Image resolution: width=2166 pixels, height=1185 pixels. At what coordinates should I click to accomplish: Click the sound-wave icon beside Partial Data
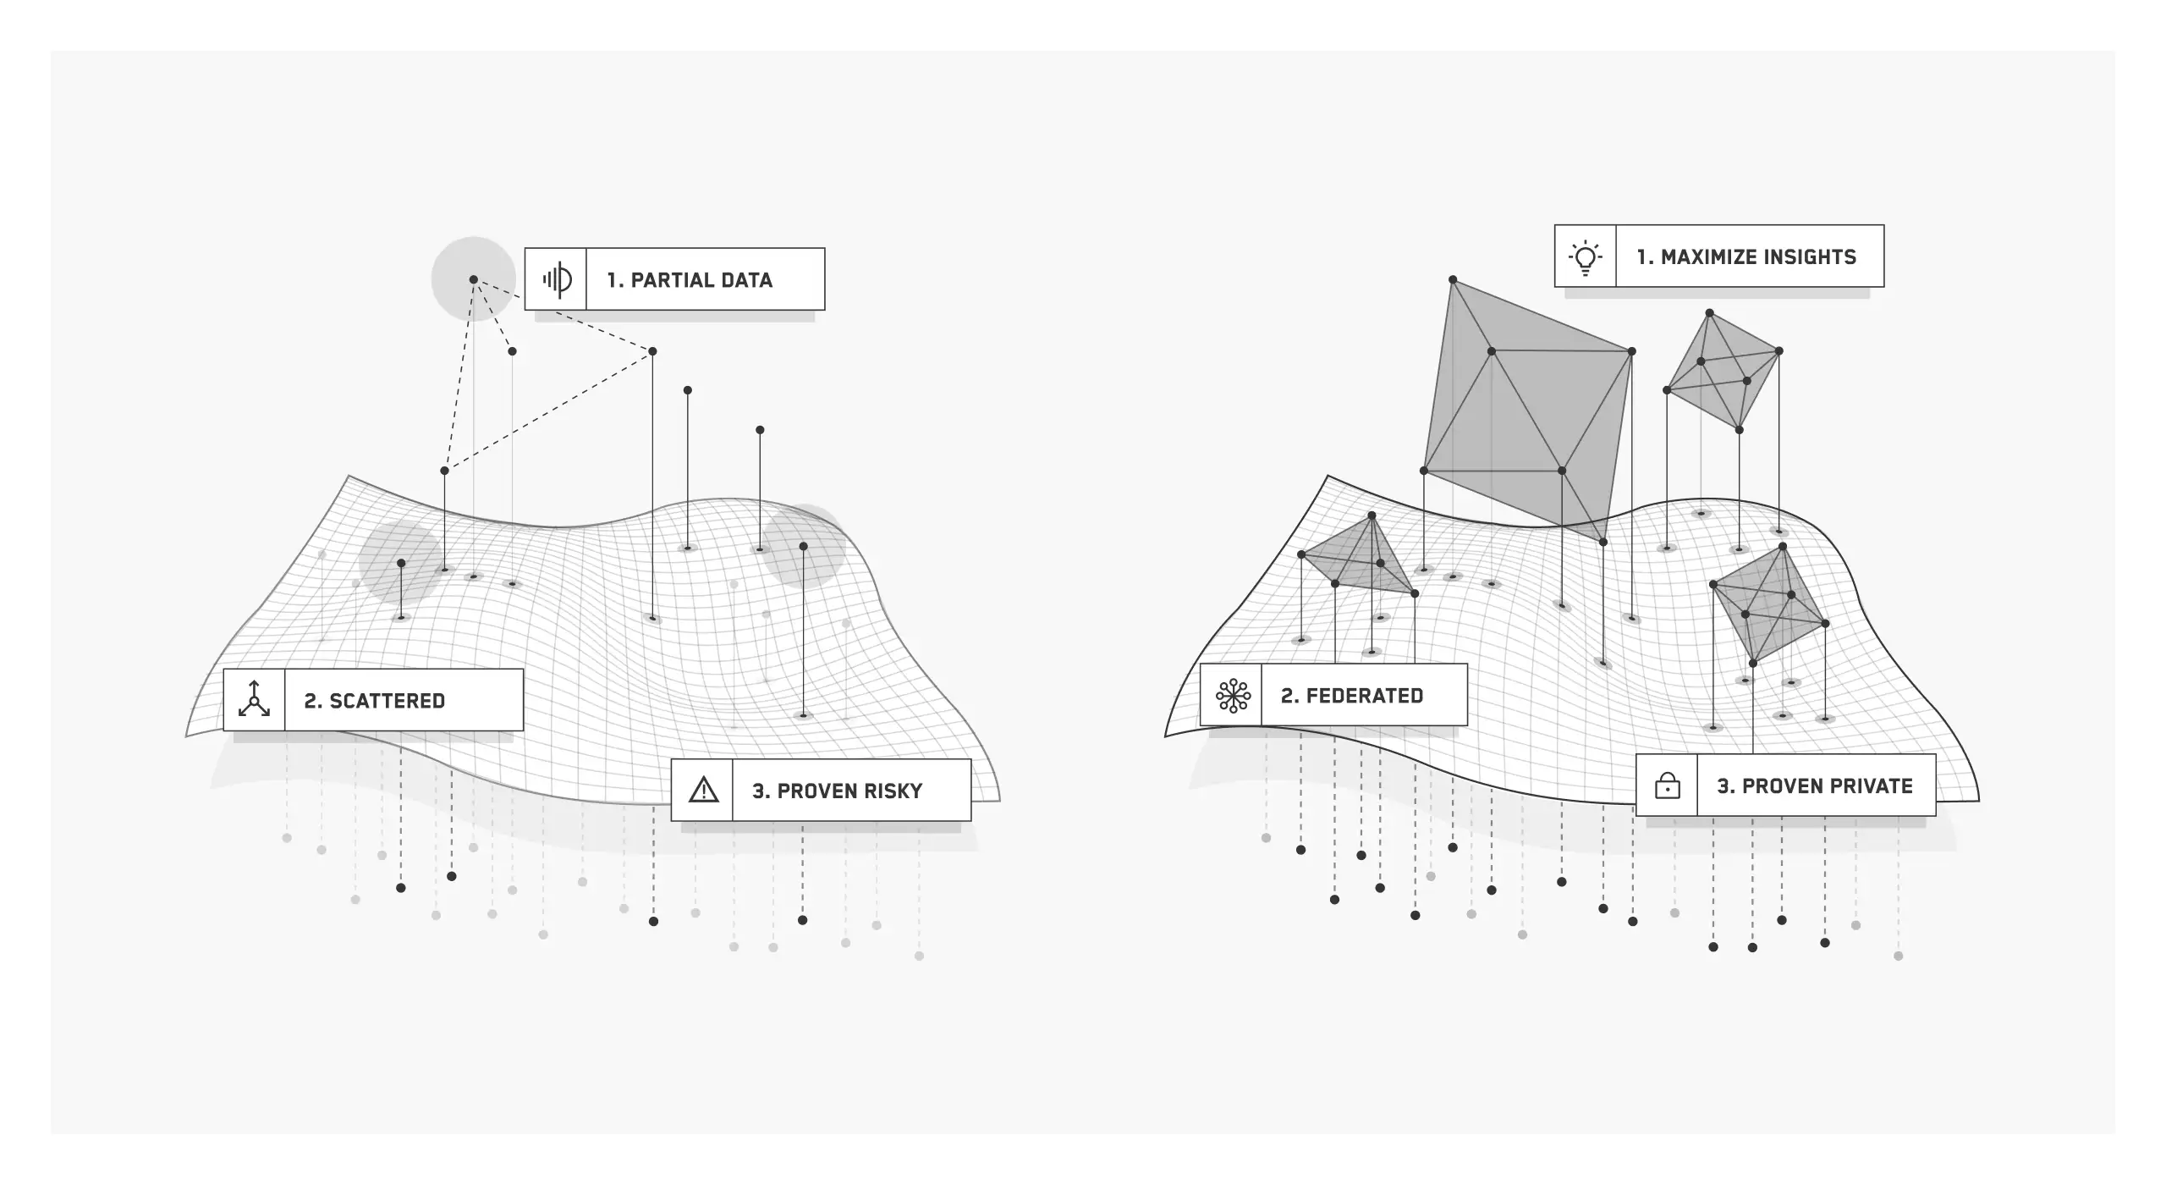coord(556,279)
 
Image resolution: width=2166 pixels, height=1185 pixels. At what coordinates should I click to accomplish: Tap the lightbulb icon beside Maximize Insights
coord(1585,256)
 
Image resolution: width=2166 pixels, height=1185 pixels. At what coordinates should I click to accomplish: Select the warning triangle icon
coord(703,791)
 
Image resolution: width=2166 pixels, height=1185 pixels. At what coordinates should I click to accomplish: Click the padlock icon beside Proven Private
coord(1667,786)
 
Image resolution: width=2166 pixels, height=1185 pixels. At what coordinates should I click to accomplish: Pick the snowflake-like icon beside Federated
coord(1232,696)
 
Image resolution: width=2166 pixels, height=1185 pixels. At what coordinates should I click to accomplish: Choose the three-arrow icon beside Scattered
coord(254,700)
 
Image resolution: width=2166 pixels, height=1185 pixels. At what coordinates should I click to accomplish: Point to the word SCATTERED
coord(387,701)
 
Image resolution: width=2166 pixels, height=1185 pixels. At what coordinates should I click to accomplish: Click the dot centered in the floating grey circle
coord(474,279)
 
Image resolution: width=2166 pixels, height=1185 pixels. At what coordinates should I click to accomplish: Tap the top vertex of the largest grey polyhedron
coord(1453,279)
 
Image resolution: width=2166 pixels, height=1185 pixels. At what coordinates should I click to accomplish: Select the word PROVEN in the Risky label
coord(811,791)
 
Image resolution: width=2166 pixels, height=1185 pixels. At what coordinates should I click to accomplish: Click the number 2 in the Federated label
coord(1287,696)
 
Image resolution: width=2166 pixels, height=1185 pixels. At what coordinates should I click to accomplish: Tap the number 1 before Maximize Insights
coord(1642,257)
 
